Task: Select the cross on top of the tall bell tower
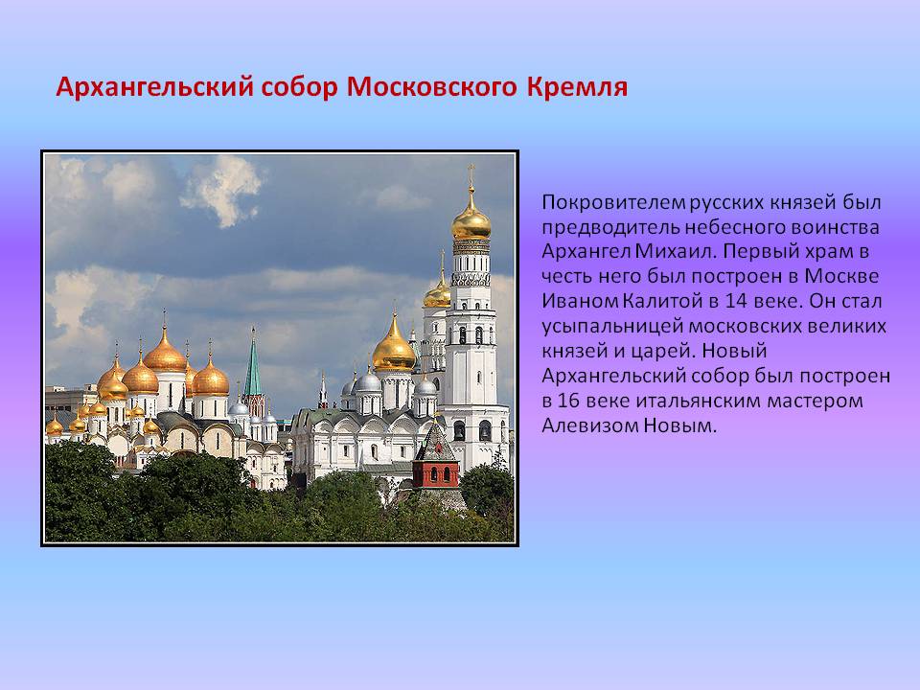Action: (x=471, y=175)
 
